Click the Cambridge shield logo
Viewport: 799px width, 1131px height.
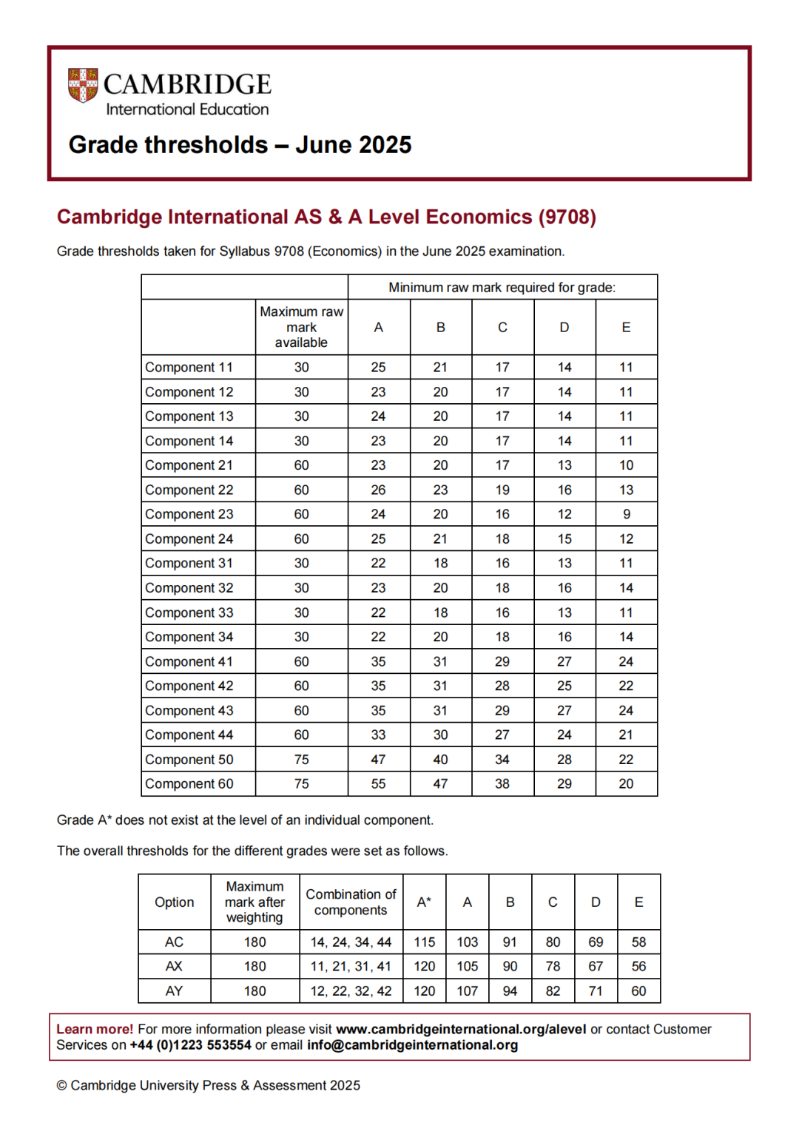click(x=83, y=85)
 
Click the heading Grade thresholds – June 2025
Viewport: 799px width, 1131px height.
click(x=240, y=144)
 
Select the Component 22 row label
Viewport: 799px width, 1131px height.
click(x=189, y=490)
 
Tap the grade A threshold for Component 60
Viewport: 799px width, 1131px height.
click(x=378, y=783)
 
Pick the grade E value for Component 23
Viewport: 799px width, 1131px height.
click(x=626, y=514)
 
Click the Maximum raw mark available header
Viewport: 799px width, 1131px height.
click(x=301, y=327)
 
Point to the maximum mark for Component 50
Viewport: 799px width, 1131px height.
click(x=301, y=759)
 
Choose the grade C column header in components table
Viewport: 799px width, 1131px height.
click(x=502, y=327)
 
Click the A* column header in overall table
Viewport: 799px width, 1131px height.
click(x=424, y=902)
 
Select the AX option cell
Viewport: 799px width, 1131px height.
click(x=174, y=966)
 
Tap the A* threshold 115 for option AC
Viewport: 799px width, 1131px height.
click(x=424, y=942)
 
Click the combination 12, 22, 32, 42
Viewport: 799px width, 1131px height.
click(x=351, y=990)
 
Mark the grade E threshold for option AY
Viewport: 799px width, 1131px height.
click(x=638, y=990)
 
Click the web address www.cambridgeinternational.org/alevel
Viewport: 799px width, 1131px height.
click(x=461, y=1029)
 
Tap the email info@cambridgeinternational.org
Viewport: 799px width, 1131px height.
click(x=412, y=1045)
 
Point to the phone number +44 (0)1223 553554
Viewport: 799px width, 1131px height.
click(x=190, y=1045)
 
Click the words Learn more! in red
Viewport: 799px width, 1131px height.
click(x=95, y=1029)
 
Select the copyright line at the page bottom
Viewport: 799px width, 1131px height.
click(x=208, y=1085)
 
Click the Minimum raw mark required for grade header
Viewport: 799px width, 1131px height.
click(x=502, y=287)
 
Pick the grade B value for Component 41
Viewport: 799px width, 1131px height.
click(x=440, y=661)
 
